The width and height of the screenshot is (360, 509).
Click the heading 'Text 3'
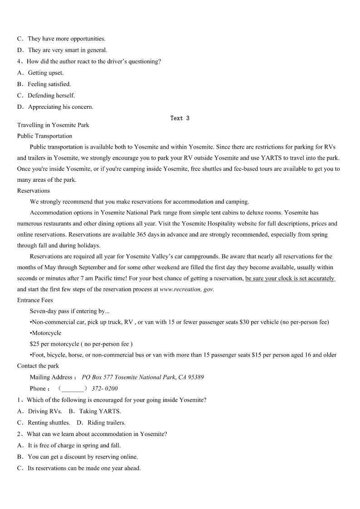click(180, 118)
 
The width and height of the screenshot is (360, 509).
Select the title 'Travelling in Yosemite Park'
click(53, 125)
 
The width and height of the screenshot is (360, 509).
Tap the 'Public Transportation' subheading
click(44, 136)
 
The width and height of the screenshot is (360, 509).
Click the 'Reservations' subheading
click(34, 191)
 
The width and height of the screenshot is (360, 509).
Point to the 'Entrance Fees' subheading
click(35, 300)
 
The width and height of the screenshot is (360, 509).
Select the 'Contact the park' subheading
click(38, 366)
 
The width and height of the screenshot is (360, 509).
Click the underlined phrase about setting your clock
click(290, 278)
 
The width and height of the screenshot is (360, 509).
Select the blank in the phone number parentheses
click(73, 388)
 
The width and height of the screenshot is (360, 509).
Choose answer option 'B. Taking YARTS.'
click(95, 412)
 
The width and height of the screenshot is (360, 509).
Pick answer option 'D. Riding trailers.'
click(101, 423)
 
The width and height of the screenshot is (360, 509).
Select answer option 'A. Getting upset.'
click(41, 73)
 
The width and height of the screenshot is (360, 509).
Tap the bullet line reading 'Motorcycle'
click(46, 333)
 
